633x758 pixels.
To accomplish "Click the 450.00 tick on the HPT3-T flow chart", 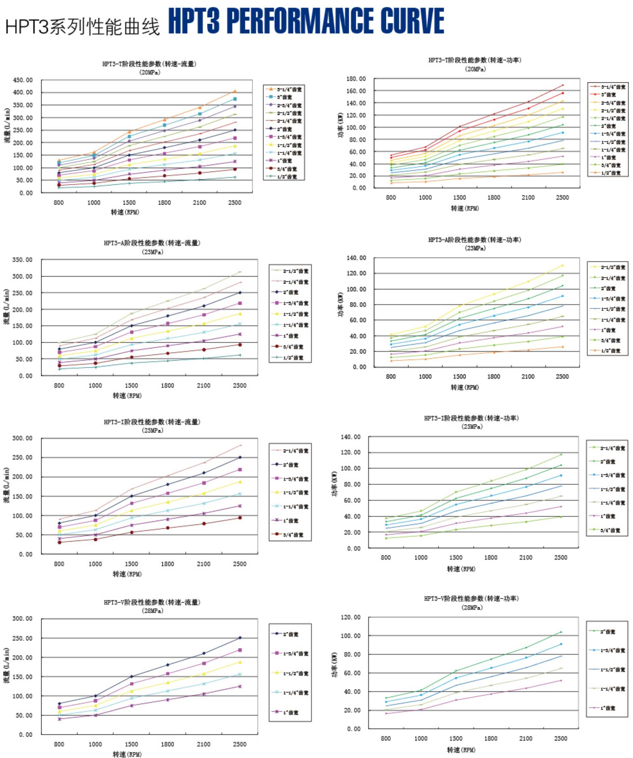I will (23, 80).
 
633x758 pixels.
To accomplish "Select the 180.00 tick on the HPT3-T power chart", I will (356, 79).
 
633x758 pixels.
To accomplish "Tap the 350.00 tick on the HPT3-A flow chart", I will (22, 260).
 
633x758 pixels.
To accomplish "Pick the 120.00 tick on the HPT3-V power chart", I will (350, 617).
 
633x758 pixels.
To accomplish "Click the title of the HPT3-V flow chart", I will (152, 602).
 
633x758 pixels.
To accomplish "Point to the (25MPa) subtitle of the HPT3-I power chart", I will (472, 427).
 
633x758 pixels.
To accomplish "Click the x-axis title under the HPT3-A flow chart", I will (127, 396).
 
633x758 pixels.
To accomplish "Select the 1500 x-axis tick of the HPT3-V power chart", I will (456, 738).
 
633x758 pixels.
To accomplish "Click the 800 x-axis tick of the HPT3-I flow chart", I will (59, 564).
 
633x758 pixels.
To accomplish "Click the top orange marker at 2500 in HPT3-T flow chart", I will (235, 91).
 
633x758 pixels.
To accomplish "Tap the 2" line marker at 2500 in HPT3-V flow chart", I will (240, 638).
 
